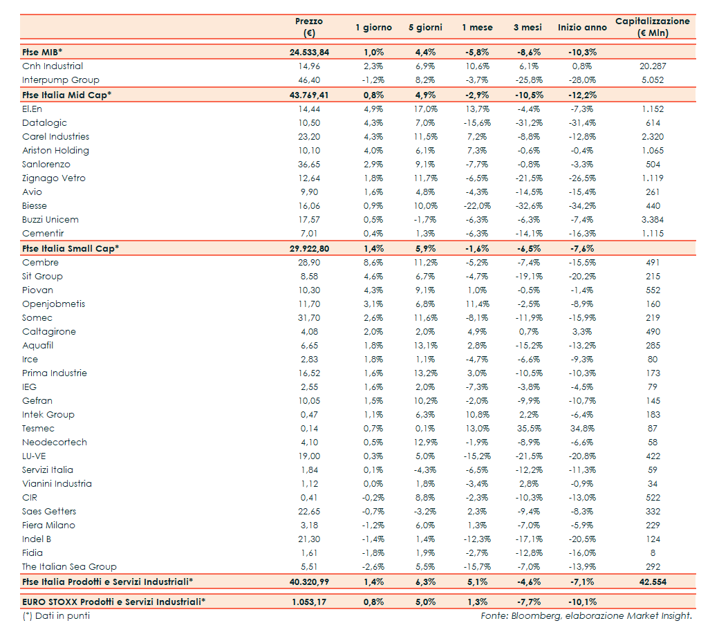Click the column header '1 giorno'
click(373, 28)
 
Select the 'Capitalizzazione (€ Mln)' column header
click(652, 27)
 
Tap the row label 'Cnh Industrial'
click(53, 66)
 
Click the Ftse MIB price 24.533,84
click(309, 53)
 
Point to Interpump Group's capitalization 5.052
click(652, 80)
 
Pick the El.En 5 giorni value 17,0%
click(425, 109)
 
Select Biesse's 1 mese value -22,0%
click(477, 206)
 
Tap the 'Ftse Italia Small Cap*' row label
click(71, 248)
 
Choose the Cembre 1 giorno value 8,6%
click(373, 263)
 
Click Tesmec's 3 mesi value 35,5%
click(530, 429)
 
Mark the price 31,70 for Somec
click(309, 318)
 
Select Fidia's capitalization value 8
click(652, 553)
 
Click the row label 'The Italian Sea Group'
click(69, 567)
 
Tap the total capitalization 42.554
click(652, 582)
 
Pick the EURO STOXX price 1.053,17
click(309, 602)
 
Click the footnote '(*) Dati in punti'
click(56, 615)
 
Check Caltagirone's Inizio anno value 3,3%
click(582, 332)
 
